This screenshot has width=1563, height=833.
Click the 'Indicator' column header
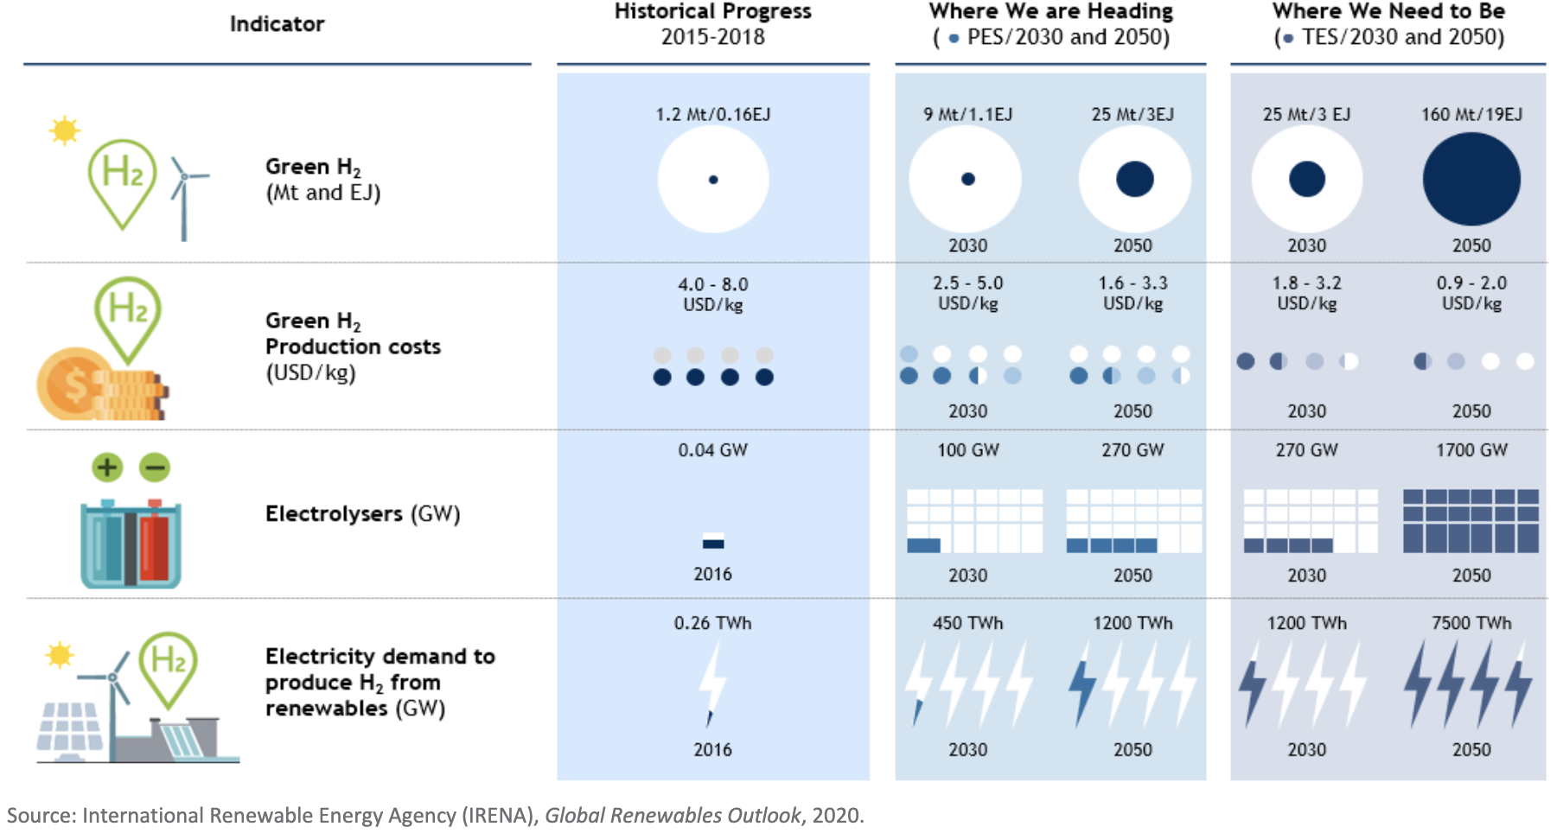(x=277, y=24)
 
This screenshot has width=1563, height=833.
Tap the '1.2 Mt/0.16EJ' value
(x=712, y=114)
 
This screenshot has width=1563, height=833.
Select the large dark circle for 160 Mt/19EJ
(x=1471, y=180)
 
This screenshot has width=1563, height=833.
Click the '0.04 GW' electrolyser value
(x=712, y=450)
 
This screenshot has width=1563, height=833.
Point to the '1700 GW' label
(x=1471, y=450)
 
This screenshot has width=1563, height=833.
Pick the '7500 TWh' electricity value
(x=1471, y=623)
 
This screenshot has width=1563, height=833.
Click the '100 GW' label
(x=967, y=450)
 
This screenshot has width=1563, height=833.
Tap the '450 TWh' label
(x=967, y=623)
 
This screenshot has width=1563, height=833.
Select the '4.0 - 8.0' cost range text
(x=712, y=284)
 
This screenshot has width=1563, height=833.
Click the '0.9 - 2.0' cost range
(x=1471, y=283)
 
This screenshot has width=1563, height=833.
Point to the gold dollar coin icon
(x=73, y=385)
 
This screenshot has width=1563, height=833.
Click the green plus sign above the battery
(x=107, y=467)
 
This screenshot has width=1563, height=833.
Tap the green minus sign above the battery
(x=155, y=467)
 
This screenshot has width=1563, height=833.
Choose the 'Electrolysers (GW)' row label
(x=362, y=514)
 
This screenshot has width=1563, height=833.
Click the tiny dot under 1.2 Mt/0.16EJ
(x=713, y=180)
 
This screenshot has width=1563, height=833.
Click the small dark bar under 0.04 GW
(x=713, y=544)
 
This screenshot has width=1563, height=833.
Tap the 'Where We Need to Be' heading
(x=1388, y=11)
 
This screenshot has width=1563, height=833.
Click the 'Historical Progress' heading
(x=712, y=11)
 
